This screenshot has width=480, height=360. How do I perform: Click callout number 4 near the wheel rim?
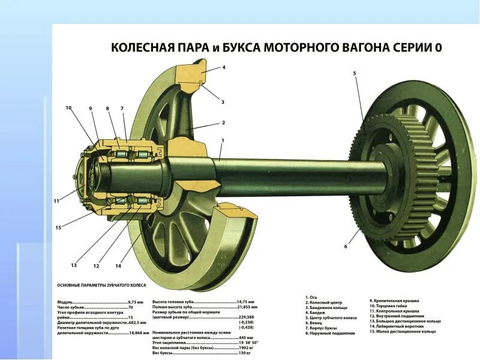pos(224,67)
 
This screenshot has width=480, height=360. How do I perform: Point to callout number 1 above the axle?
pos(223,140)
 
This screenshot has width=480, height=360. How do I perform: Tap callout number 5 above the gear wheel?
pos(354,73)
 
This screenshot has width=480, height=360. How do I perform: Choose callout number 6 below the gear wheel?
pos(346,246)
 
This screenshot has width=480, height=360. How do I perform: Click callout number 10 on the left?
pos(68,108)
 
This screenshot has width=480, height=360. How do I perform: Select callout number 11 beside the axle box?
pos(56,201)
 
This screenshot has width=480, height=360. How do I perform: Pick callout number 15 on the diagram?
pos(58,227)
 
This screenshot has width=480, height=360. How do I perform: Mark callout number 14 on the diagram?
pos(118,266)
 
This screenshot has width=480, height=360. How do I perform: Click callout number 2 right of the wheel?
pos(223,122)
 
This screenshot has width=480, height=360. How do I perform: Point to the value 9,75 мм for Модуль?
pos(136,302)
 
